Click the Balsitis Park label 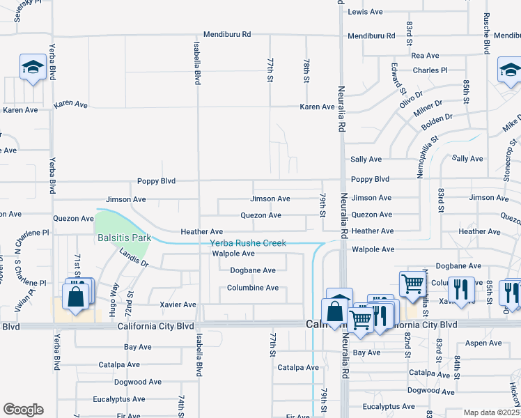[x=125, y=238]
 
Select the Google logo [x=23, y=409]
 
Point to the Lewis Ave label [x=366, y=12]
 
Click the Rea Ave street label [x=425, y=55]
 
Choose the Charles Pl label [x=430, y=70]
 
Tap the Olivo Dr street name [x=411, y=98]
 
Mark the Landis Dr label [x=134, y=259]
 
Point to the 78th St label [x=306, y=70]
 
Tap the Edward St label [x=398, y=77]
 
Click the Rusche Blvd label [x=485, y=34]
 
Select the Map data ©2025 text [x=491, y=412]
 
